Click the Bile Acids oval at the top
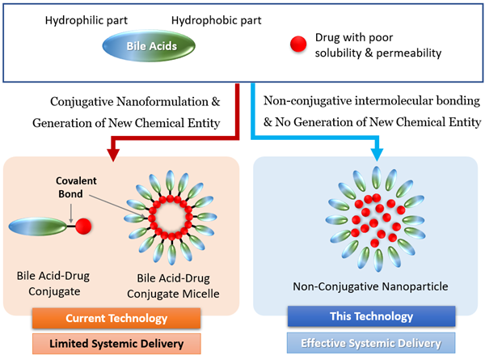click(151, 46)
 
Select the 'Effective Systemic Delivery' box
click(360, 341)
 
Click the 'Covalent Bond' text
click(76, 184)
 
